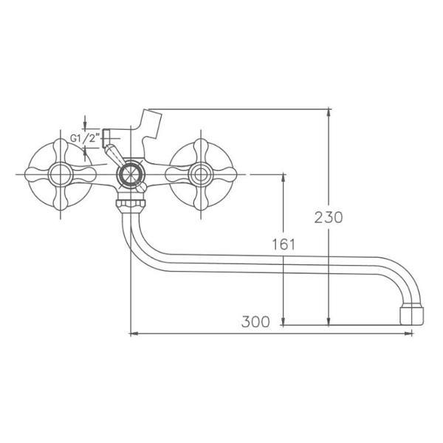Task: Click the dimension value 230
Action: coord(329,217)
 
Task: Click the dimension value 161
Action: coord(283,244)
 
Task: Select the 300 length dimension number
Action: coord(254,321)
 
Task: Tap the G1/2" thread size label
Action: coord(84,138)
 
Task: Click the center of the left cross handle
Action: coord(58,175)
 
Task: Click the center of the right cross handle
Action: coord(199,175)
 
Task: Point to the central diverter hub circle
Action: coord(131,175)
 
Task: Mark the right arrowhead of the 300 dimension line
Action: coord(410,334)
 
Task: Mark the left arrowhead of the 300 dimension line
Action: coord(134,334)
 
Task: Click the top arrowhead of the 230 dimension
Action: coord(329,112)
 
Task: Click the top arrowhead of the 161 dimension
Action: coord(283,178)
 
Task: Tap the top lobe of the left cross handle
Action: coord(58,148)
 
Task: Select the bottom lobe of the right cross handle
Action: coord(199,202)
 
